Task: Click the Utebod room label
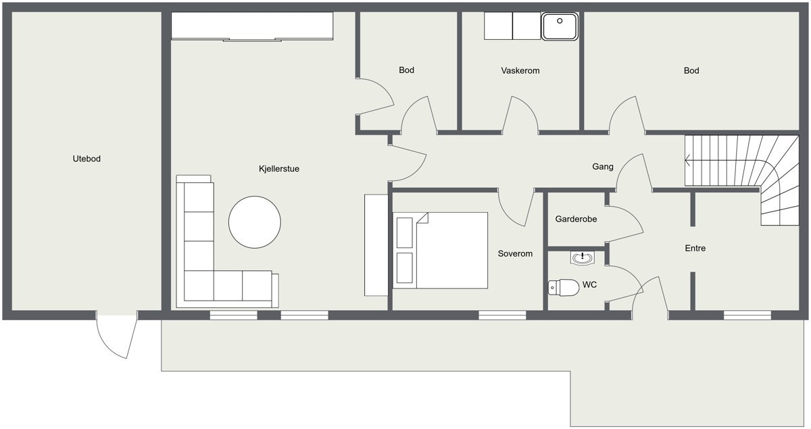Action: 87,159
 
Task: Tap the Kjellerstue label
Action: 278,169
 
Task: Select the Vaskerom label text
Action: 520,70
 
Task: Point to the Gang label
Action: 603,166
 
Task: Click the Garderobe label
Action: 576,219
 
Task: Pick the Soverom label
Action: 515,254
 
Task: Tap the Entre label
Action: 695,249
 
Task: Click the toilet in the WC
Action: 564,288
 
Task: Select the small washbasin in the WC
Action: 582,258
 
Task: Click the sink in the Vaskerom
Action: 560,26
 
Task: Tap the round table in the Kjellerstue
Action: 255,222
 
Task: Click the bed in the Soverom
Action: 440,251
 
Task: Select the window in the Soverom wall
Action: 502,316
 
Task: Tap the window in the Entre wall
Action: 747,316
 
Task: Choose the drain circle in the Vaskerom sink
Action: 560,21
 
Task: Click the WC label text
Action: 589,285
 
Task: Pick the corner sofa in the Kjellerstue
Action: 199,285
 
